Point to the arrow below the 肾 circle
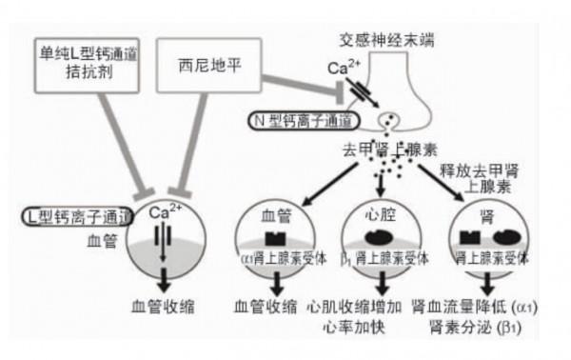click(x=489, y=284)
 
